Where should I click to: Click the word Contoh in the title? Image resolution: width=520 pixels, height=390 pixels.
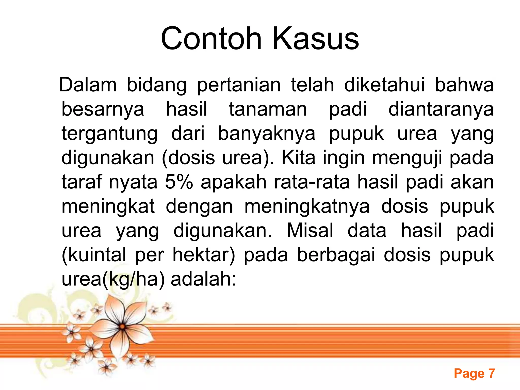coord(211,39)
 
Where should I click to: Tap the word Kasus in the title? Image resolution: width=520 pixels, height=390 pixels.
coord(315,39)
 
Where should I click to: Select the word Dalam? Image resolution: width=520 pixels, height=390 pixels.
coord(88,85)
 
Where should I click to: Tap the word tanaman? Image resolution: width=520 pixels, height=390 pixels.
coord(268,109)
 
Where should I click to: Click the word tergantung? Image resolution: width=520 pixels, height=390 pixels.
coord(109,134)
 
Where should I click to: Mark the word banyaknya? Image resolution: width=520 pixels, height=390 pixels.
coord(267,134)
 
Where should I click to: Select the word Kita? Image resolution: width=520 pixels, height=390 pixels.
coord(299,158)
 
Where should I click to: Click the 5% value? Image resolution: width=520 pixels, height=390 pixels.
coord(179,182)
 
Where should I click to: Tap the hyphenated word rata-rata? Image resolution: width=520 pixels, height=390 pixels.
coord(312,182)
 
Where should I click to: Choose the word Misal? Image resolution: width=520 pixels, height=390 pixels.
coord(310,231)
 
